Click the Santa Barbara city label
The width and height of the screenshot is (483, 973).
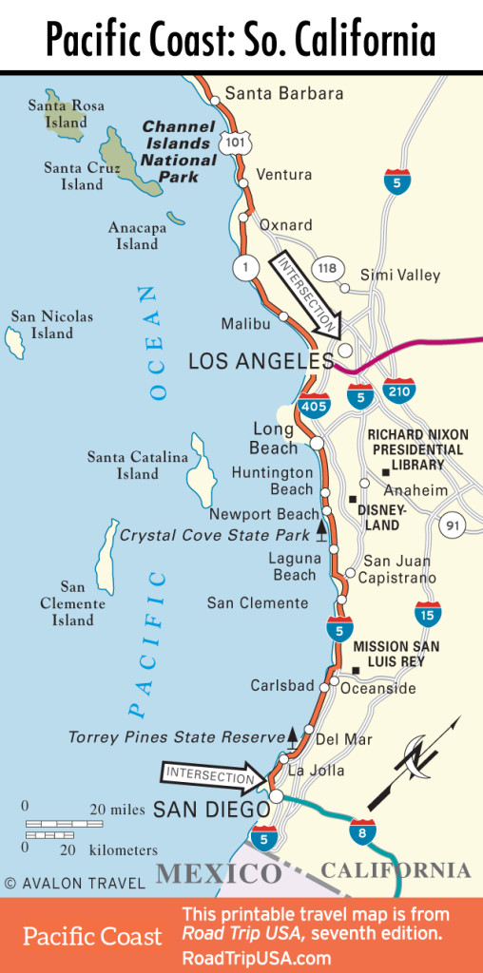(x=271, y=94)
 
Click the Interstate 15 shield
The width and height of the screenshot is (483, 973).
(x=427, y=615)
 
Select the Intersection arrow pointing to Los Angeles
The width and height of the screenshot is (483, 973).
(x=307, y=296)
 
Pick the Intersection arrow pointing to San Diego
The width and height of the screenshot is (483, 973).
(x=214, y=776)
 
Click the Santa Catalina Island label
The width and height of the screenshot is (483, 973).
(x=138, y=466)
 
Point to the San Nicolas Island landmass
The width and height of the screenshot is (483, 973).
(x=15, y=342)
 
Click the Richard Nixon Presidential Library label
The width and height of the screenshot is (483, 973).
(x=415, y=449)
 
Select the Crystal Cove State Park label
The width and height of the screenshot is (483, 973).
(x=214, y=536)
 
